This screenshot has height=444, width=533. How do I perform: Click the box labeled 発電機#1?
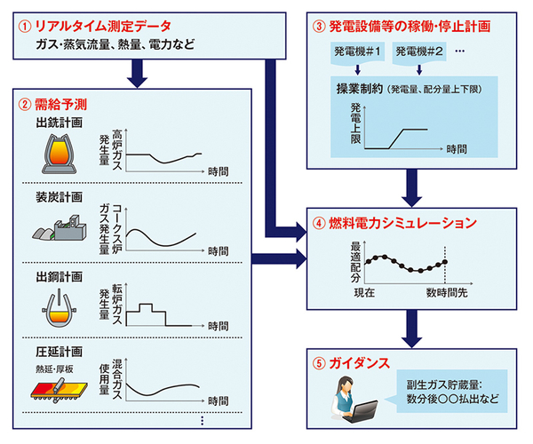(x=355, y=52)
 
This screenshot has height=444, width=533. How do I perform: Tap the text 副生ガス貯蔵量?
(x=442, y=385)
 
